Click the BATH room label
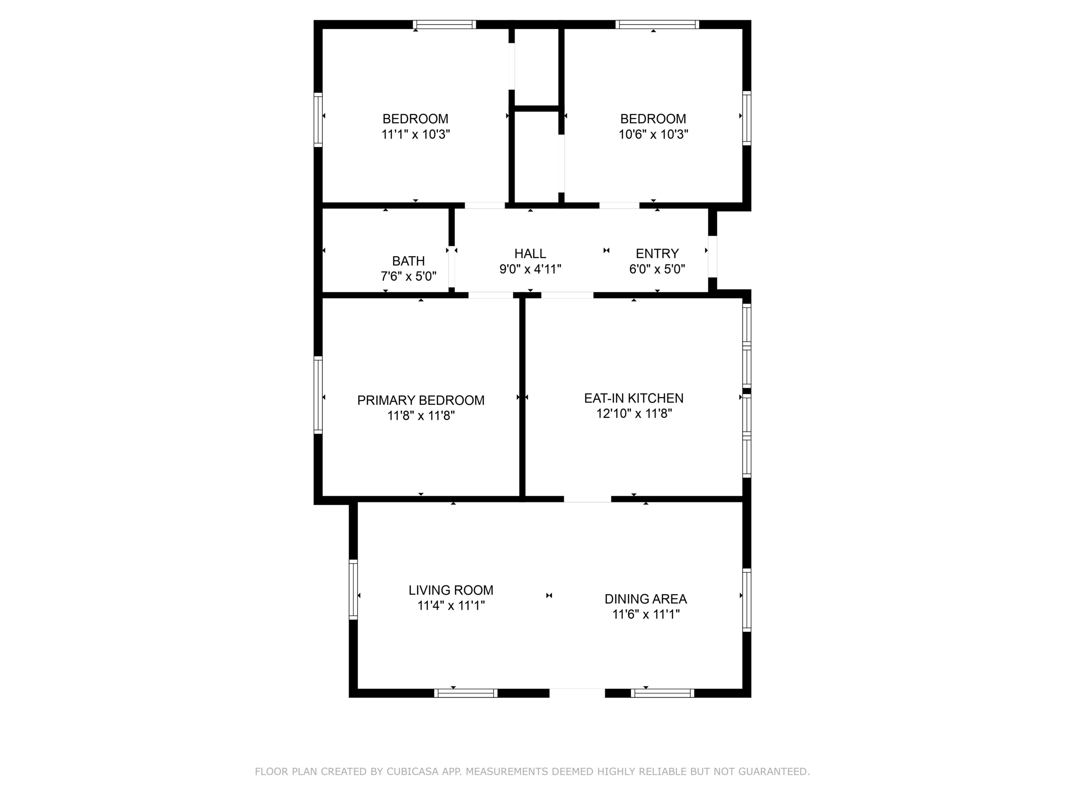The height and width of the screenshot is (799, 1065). coord(408,261)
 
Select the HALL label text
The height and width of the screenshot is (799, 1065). coord(530,254)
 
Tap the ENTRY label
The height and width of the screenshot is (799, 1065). coord(657,254)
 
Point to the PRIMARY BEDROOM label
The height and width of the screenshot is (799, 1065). coord(421,400)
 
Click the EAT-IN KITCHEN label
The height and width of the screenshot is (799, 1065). coord(634,398)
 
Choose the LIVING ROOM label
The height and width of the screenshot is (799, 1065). coord(451,590)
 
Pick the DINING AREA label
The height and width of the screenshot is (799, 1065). coord(646,599)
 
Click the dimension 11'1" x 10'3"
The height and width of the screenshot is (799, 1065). coord(416,134)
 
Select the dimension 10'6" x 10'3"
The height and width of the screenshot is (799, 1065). coord(653,134)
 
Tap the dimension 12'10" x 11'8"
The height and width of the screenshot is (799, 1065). coord(634,414)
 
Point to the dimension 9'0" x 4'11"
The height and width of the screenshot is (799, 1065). coord(530,269)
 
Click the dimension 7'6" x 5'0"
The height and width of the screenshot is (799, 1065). coord(408,276)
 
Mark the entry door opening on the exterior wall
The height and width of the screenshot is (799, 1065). coord(713,256)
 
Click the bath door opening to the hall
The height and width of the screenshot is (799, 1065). coord(452,267)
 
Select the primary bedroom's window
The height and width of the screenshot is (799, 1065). coord(318,395)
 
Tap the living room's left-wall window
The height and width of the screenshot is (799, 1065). coord(353,590)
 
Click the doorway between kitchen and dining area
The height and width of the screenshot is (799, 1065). coord(587,499)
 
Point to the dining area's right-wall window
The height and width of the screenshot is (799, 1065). coord(747,600)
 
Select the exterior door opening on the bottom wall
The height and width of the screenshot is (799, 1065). coord(577,693)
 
